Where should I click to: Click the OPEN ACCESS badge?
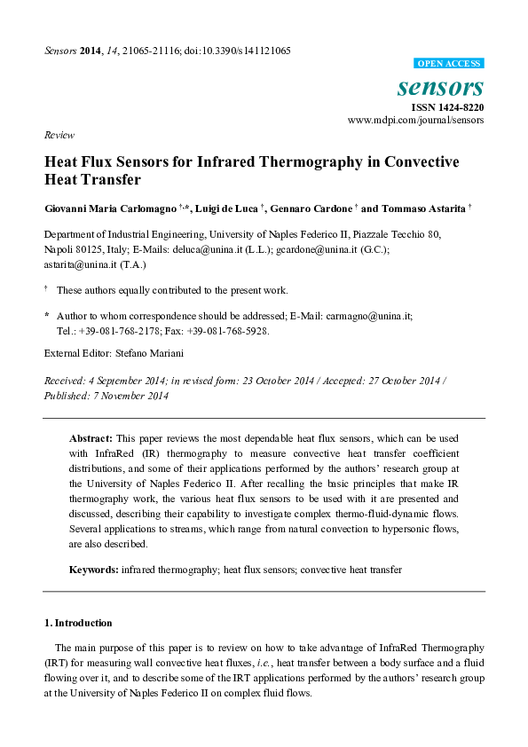click(x=449, y=64)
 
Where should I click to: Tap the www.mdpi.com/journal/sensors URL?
click(x=415, y=120)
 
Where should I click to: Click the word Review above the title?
click(x=58, y=136)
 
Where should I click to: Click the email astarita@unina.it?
click(x=76, y=264)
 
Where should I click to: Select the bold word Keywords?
click(x=94, y=569)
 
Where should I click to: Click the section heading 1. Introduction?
click(x=78, y=623)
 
